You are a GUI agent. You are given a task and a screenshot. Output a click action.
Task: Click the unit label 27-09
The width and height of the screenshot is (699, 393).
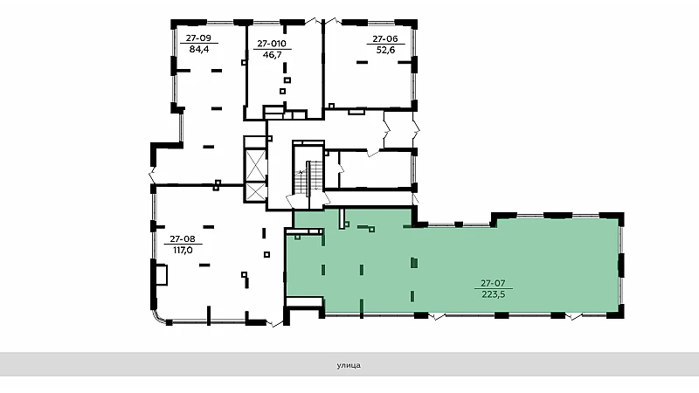[x=198, y=38]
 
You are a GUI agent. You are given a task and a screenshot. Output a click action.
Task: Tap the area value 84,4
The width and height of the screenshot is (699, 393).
[x=199, y=49]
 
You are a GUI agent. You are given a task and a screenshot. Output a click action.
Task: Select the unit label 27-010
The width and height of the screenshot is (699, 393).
[x=272, y=44]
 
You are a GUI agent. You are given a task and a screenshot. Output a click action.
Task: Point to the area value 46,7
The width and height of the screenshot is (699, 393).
[x=272, y=55]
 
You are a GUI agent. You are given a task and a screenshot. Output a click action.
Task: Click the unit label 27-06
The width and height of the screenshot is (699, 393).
[x=385, y=38]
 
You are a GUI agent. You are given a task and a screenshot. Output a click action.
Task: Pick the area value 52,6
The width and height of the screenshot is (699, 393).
[x=385, y=50]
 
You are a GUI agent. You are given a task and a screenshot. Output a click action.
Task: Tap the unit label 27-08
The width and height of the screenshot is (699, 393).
[x=183, y=239]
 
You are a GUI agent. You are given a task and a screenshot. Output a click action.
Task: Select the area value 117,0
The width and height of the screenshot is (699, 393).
[x=183, y=251]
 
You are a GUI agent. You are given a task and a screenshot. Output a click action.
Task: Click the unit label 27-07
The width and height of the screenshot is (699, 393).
[x=493, y=283]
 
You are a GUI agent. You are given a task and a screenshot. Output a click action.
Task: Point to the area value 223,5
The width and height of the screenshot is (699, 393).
[x=494, y=294]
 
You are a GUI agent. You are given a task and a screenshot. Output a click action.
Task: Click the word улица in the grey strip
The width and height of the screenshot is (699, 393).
[x=349, y=365]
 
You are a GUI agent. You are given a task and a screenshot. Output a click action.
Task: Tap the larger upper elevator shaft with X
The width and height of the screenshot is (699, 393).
[x=256, y=166]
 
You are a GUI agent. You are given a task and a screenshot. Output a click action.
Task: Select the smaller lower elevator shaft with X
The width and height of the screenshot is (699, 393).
[x=256, y=192]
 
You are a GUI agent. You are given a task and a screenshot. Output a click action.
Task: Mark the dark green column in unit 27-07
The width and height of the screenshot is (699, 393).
[x=414, y=263]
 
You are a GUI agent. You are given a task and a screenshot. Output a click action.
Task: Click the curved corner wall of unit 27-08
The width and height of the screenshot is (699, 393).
[x=157, y=317]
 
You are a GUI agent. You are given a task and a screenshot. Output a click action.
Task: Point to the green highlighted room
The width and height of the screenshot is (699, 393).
[x=454, y=267]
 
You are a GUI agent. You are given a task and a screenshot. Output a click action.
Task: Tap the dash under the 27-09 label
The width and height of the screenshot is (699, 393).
[x=199, y=44]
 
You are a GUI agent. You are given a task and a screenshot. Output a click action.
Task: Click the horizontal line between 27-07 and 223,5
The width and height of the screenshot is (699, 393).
[x=494, y=288]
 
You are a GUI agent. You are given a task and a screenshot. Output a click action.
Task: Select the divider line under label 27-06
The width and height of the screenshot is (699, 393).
[x=385, y=45]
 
